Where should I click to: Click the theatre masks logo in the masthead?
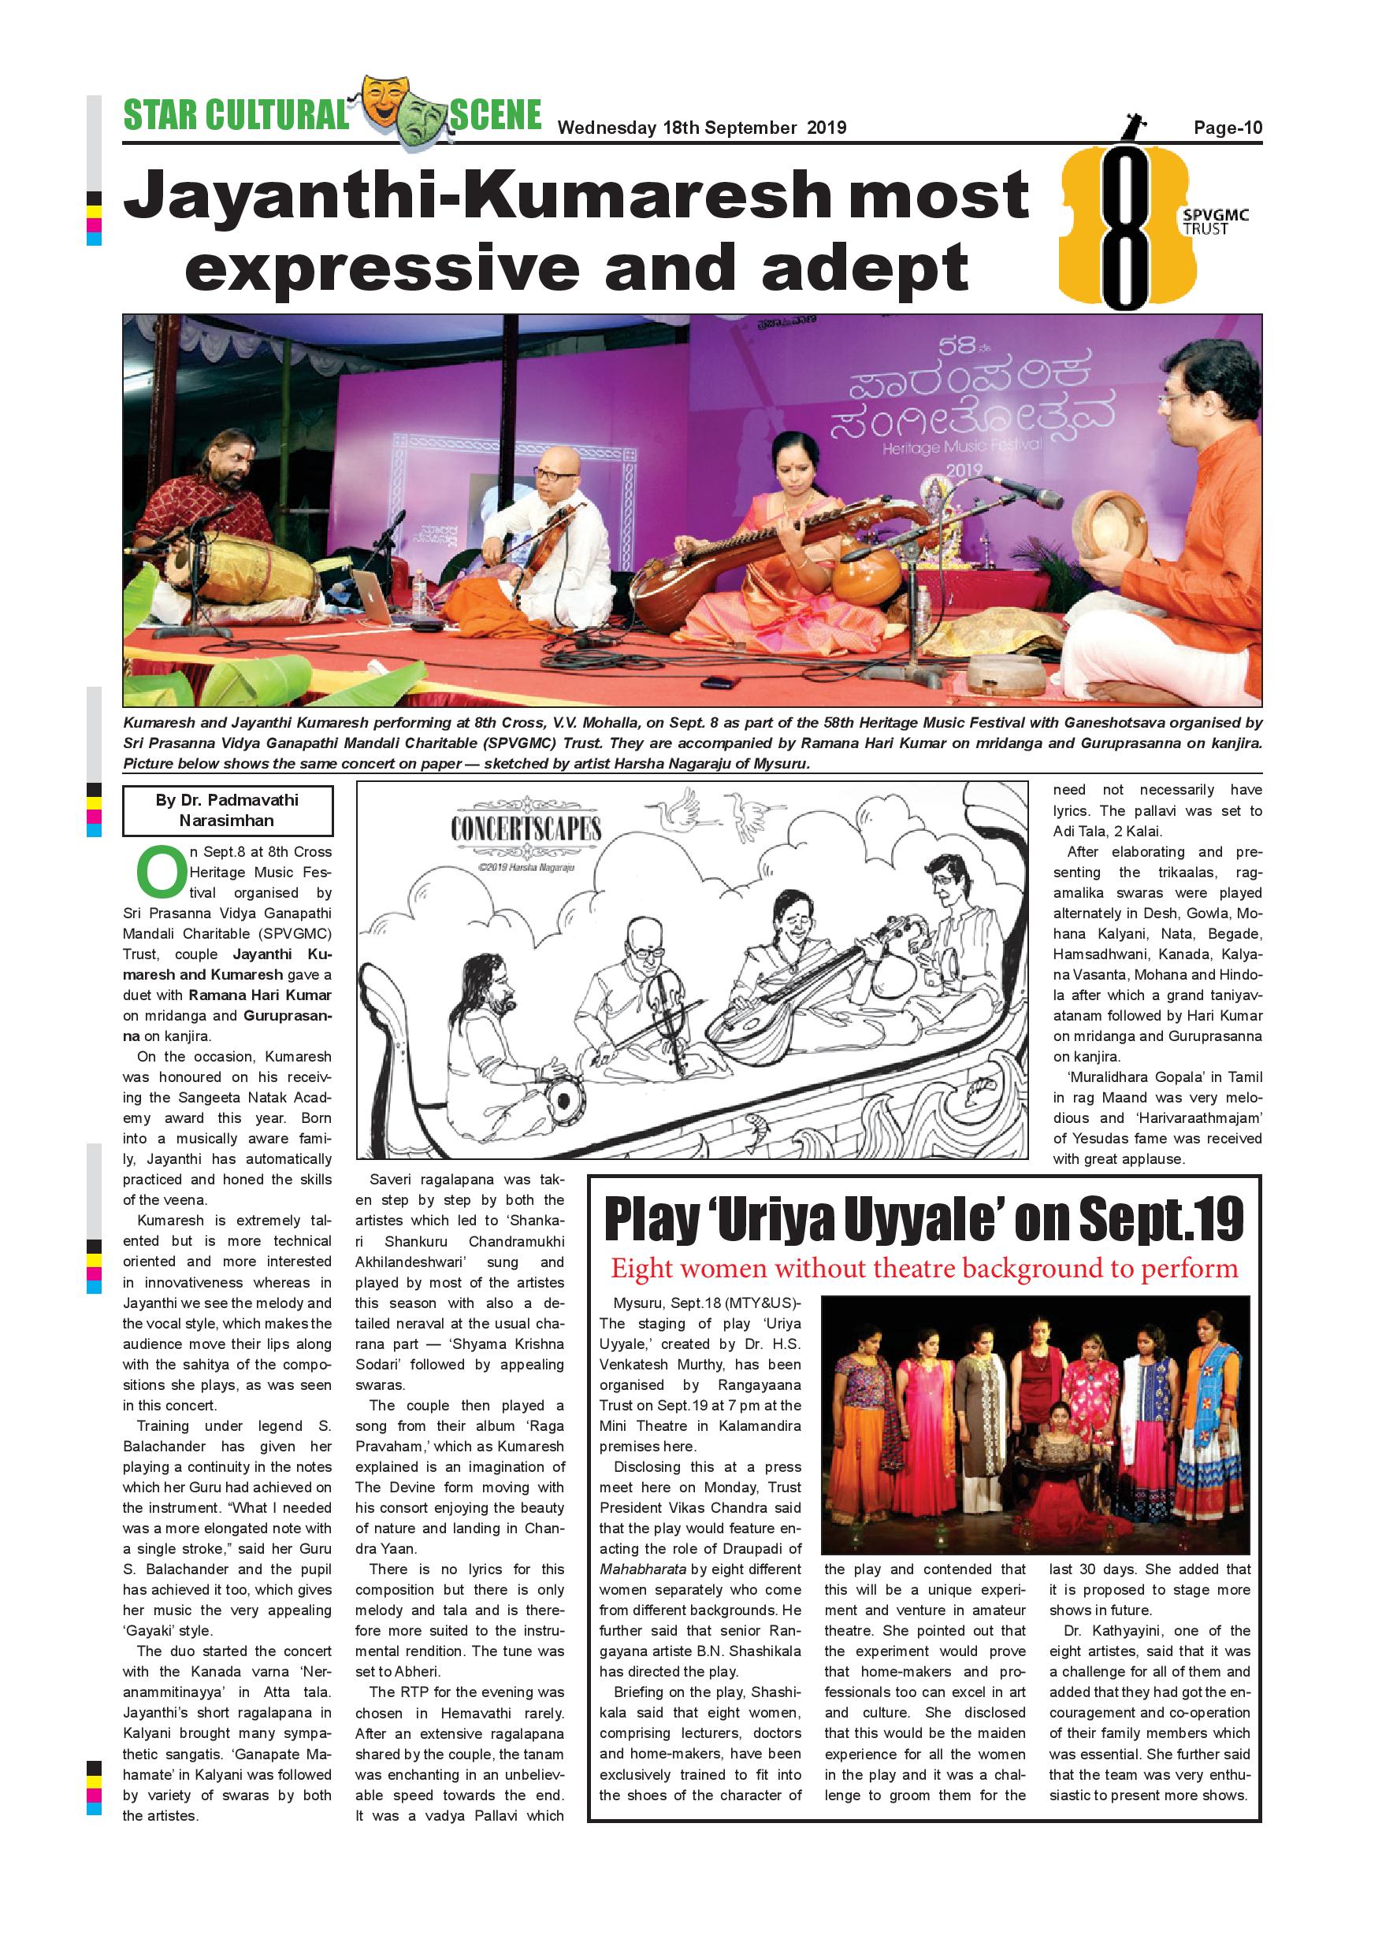click(398, 109)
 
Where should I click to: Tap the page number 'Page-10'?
click(1227, 128)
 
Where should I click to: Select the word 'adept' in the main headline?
click(864, 267)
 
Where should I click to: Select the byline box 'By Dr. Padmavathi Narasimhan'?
click(227, 810)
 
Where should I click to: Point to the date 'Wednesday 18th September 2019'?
click(701, 128)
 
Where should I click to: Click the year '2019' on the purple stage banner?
click(964, 470)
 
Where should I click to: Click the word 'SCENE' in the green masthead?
click(496, 115)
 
